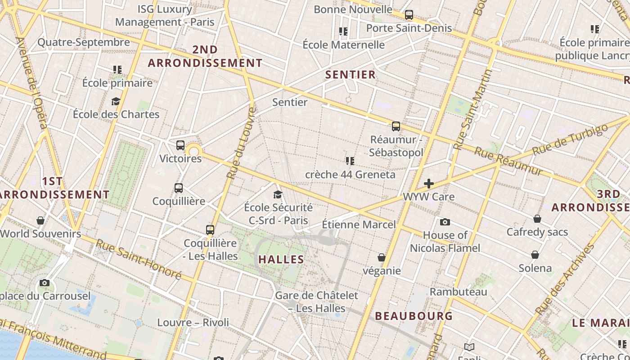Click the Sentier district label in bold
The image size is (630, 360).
[350, 75]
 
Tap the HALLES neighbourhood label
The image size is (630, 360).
[281, 260]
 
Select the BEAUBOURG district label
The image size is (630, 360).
[414, 316]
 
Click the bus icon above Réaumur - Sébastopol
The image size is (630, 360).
[396, 126]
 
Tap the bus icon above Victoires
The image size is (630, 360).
[180, 145]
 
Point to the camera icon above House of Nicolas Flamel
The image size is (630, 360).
[445, 222]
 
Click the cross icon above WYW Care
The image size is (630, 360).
[429, 184]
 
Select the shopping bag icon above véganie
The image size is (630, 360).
[382, 257]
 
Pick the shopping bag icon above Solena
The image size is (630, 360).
[535, 255]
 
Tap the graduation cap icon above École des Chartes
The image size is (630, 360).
[116, 101]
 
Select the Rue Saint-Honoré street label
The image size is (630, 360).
[139, 260]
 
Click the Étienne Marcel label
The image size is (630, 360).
[359, 225]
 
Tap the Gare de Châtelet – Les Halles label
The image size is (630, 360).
[316, 302]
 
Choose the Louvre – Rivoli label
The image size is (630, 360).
[193, 323]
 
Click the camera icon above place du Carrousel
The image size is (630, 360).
[45, 283]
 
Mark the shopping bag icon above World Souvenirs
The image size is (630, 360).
[40, 220]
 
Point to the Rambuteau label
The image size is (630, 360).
[458, 292]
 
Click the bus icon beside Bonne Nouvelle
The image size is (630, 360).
[409, 15]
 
